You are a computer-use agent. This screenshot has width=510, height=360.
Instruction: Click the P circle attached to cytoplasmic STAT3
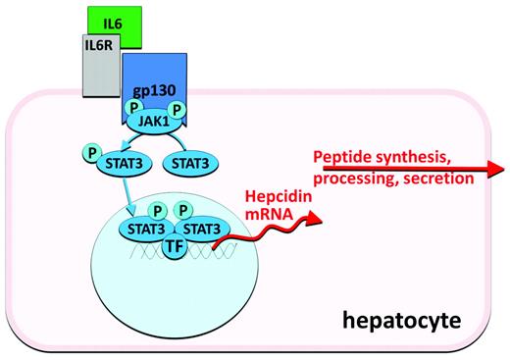tap(91, 154)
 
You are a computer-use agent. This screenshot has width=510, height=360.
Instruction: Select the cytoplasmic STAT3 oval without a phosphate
tap(190, 165)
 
